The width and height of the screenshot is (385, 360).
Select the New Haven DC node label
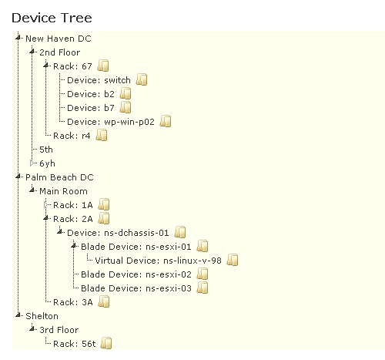point(59,38)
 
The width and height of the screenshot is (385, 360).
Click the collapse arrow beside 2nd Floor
point(32,52)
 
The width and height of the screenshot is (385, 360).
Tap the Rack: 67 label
point(73,66)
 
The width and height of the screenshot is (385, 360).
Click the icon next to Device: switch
point(142,79)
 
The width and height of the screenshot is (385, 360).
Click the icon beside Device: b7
point(126,107)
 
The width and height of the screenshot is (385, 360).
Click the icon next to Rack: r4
point(101,135)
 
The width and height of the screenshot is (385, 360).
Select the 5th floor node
point(47,149)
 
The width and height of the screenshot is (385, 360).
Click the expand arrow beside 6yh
point(32,163)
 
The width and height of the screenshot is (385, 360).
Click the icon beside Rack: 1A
point(104,204)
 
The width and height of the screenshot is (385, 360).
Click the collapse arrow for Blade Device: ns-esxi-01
point(74,247)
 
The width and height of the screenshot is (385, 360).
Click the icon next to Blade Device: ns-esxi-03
point(203,288)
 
